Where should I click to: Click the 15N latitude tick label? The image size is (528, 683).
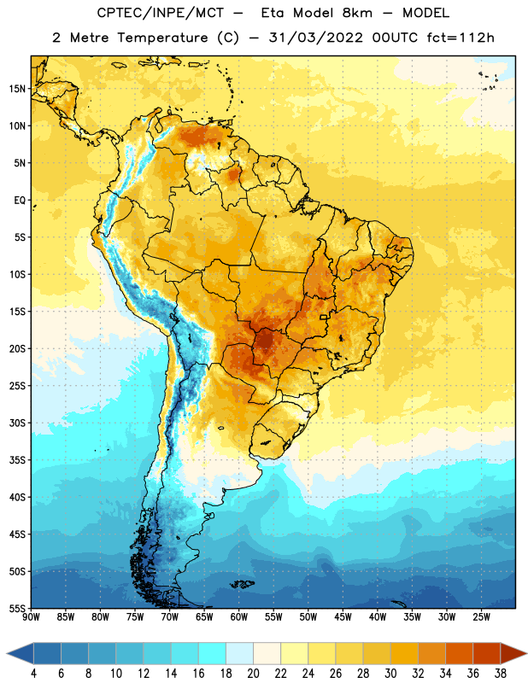(18, 89)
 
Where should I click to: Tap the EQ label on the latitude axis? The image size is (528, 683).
(20, 201)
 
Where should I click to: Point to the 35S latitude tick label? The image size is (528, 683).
(18, 460)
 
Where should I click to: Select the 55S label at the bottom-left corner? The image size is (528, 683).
(18, 609)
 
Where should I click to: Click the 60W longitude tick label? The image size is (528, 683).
(239, 617)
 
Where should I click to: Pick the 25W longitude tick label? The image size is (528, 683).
(481, 617)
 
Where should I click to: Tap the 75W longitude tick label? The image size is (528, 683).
(135, 617)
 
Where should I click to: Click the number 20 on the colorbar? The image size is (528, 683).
(253, 674)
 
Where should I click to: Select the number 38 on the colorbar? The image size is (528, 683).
(500, 674)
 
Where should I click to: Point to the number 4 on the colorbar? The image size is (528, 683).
(34, 674)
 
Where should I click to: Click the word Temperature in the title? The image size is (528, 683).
(162, 38)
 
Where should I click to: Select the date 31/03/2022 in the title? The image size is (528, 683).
(315, 38)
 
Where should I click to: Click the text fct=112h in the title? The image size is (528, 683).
(461, 38)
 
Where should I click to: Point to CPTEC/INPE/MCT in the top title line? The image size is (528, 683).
(160, 13)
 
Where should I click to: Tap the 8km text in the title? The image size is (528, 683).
(357, 13)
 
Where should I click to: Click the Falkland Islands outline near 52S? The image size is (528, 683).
(243, 584)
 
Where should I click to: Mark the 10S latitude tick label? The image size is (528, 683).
(18, 275)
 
